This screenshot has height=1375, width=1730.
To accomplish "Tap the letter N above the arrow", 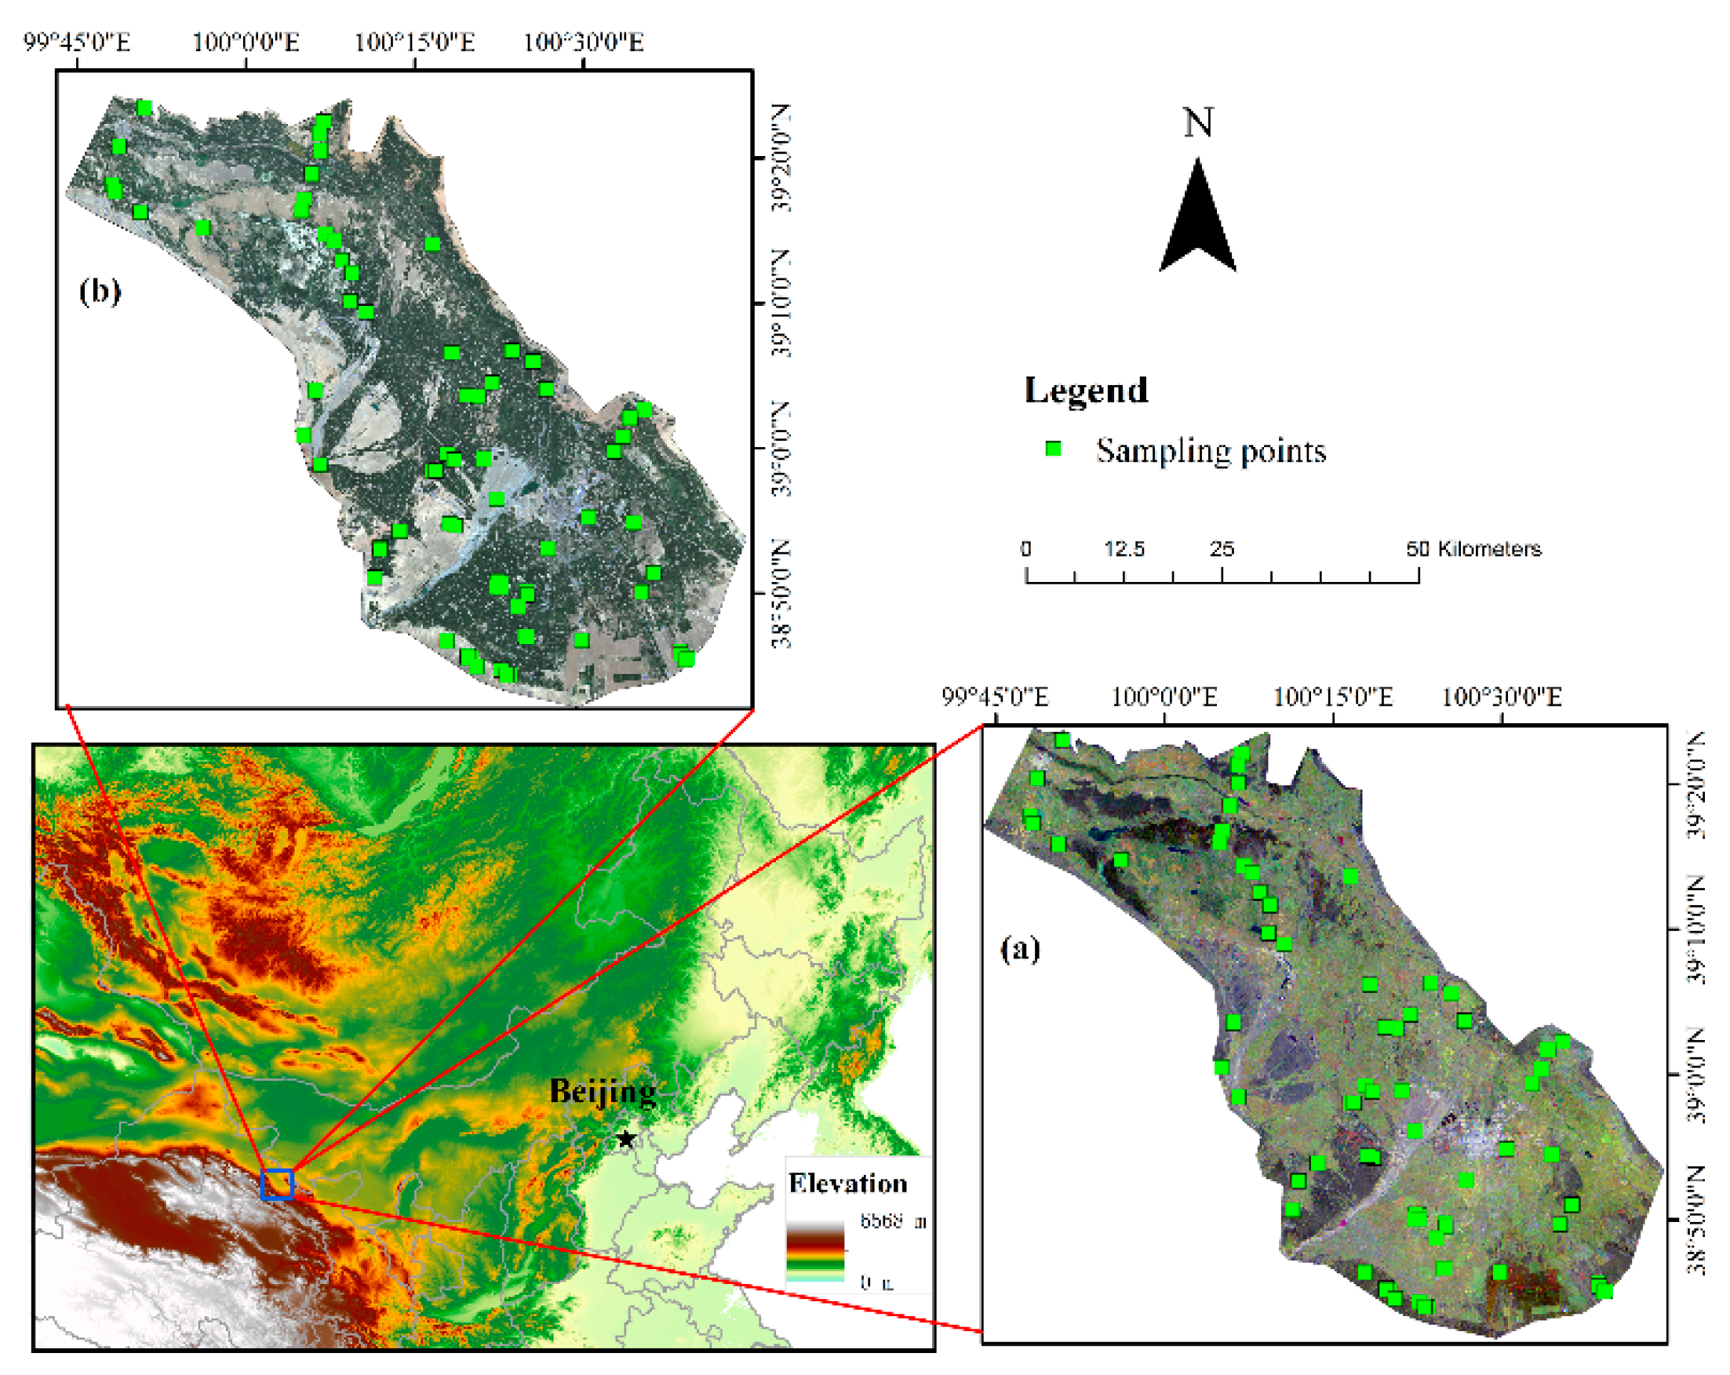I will click(x=1198, y=122).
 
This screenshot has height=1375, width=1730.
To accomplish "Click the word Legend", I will click(x=1086, y=391).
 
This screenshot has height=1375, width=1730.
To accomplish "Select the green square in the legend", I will click(x=1053, y=449).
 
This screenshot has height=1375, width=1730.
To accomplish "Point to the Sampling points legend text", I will click(x=1210, y=451).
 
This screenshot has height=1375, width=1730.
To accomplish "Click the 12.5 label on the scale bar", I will click(x=1124, y=549).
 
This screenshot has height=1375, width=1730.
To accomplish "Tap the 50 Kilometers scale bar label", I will click(x=1473, y=549).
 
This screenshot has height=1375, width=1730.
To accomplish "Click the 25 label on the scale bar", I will click(x=1222, y=549).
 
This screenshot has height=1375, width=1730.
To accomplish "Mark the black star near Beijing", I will click(x=626, y=1139).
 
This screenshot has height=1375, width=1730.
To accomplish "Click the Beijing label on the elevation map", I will click(x=603, y=1092).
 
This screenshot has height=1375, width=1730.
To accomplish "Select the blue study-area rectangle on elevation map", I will click(x=278, y=1184).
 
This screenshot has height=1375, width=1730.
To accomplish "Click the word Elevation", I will click(x=847, y=1184).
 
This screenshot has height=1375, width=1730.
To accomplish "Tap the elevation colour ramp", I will click(x=814, y=1251).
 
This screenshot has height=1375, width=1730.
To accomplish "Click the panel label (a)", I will click(x=1020, y=949).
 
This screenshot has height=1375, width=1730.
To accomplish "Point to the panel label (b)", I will click(x=100, y=290).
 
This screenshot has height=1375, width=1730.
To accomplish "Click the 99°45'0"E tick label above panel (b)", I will click(x=77, y=42).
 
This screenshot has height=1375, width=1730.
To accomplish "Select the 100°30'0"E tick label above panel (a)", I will click(x=1502, y=697).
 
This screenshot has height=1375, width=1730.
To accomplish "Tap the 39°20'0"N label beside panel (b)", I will click(x=781, y=157).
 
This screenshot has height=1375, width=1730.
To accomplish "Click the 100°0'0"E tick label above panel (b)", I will click(x=246, y=42).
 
